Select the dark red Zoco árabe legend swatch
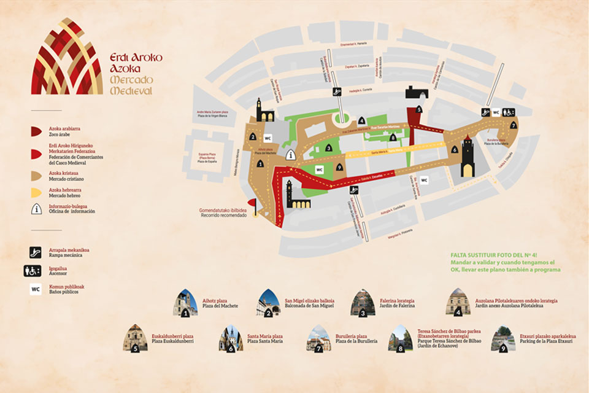point(36,131)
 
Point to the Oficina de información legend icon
point(36,209)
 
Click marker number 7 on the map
point(514,125)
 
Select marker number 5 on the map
point(418,109)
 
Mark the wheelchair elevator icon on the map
point(509,112)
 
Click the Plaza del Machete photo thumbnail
point(185,303)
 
